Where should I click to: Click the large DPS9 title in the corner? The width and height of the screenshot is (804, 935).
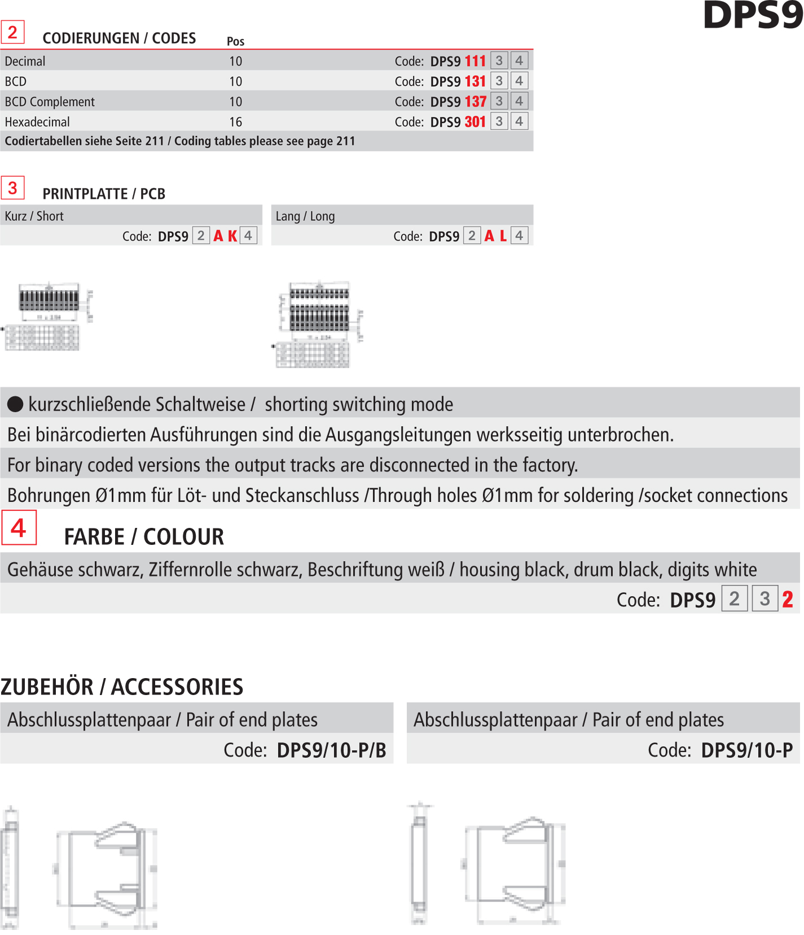(x=753, y=15)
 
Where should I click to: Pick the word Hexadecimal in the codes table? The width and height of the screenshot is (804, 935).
(x=37, y=122)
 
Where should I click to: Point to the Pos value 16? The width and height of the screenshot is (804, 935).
(x=235, y=122)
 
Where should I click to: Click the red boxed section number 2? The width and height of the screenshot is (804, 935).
(x=12, y=32)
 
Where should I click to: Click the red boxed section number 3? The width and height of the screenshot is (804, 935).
(x=12, y=187)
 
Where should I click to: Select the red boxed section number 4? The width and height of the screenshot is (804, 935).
(x=19, y=528)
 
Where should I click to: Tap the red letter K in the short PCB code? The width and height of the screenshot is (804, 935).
(x=232, y=236)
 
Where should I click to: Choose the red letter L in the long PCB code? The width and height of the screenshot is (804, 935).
(x=503, y=236)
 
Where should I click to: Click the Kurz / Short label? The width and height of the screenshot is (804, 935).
(x=34, y=216)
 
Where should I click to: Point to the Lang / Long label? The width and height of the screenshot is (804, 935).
(x=305, y=216)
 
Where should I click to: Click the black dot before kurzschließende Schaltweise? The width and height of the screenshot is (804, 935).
(x=15, y=404)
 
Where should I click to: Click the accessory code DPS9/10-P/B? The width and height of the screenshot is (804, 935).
(x=331, y=750)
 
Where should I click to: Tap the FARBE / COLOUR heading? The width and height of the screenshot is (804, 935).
(x=144, y=536)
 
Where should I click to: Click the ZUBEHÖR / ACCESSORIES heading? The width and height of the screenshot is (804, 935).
(x=122, y=687)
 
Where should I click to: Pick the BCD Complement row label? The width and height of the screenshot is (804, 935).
(x=50, y=102)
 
